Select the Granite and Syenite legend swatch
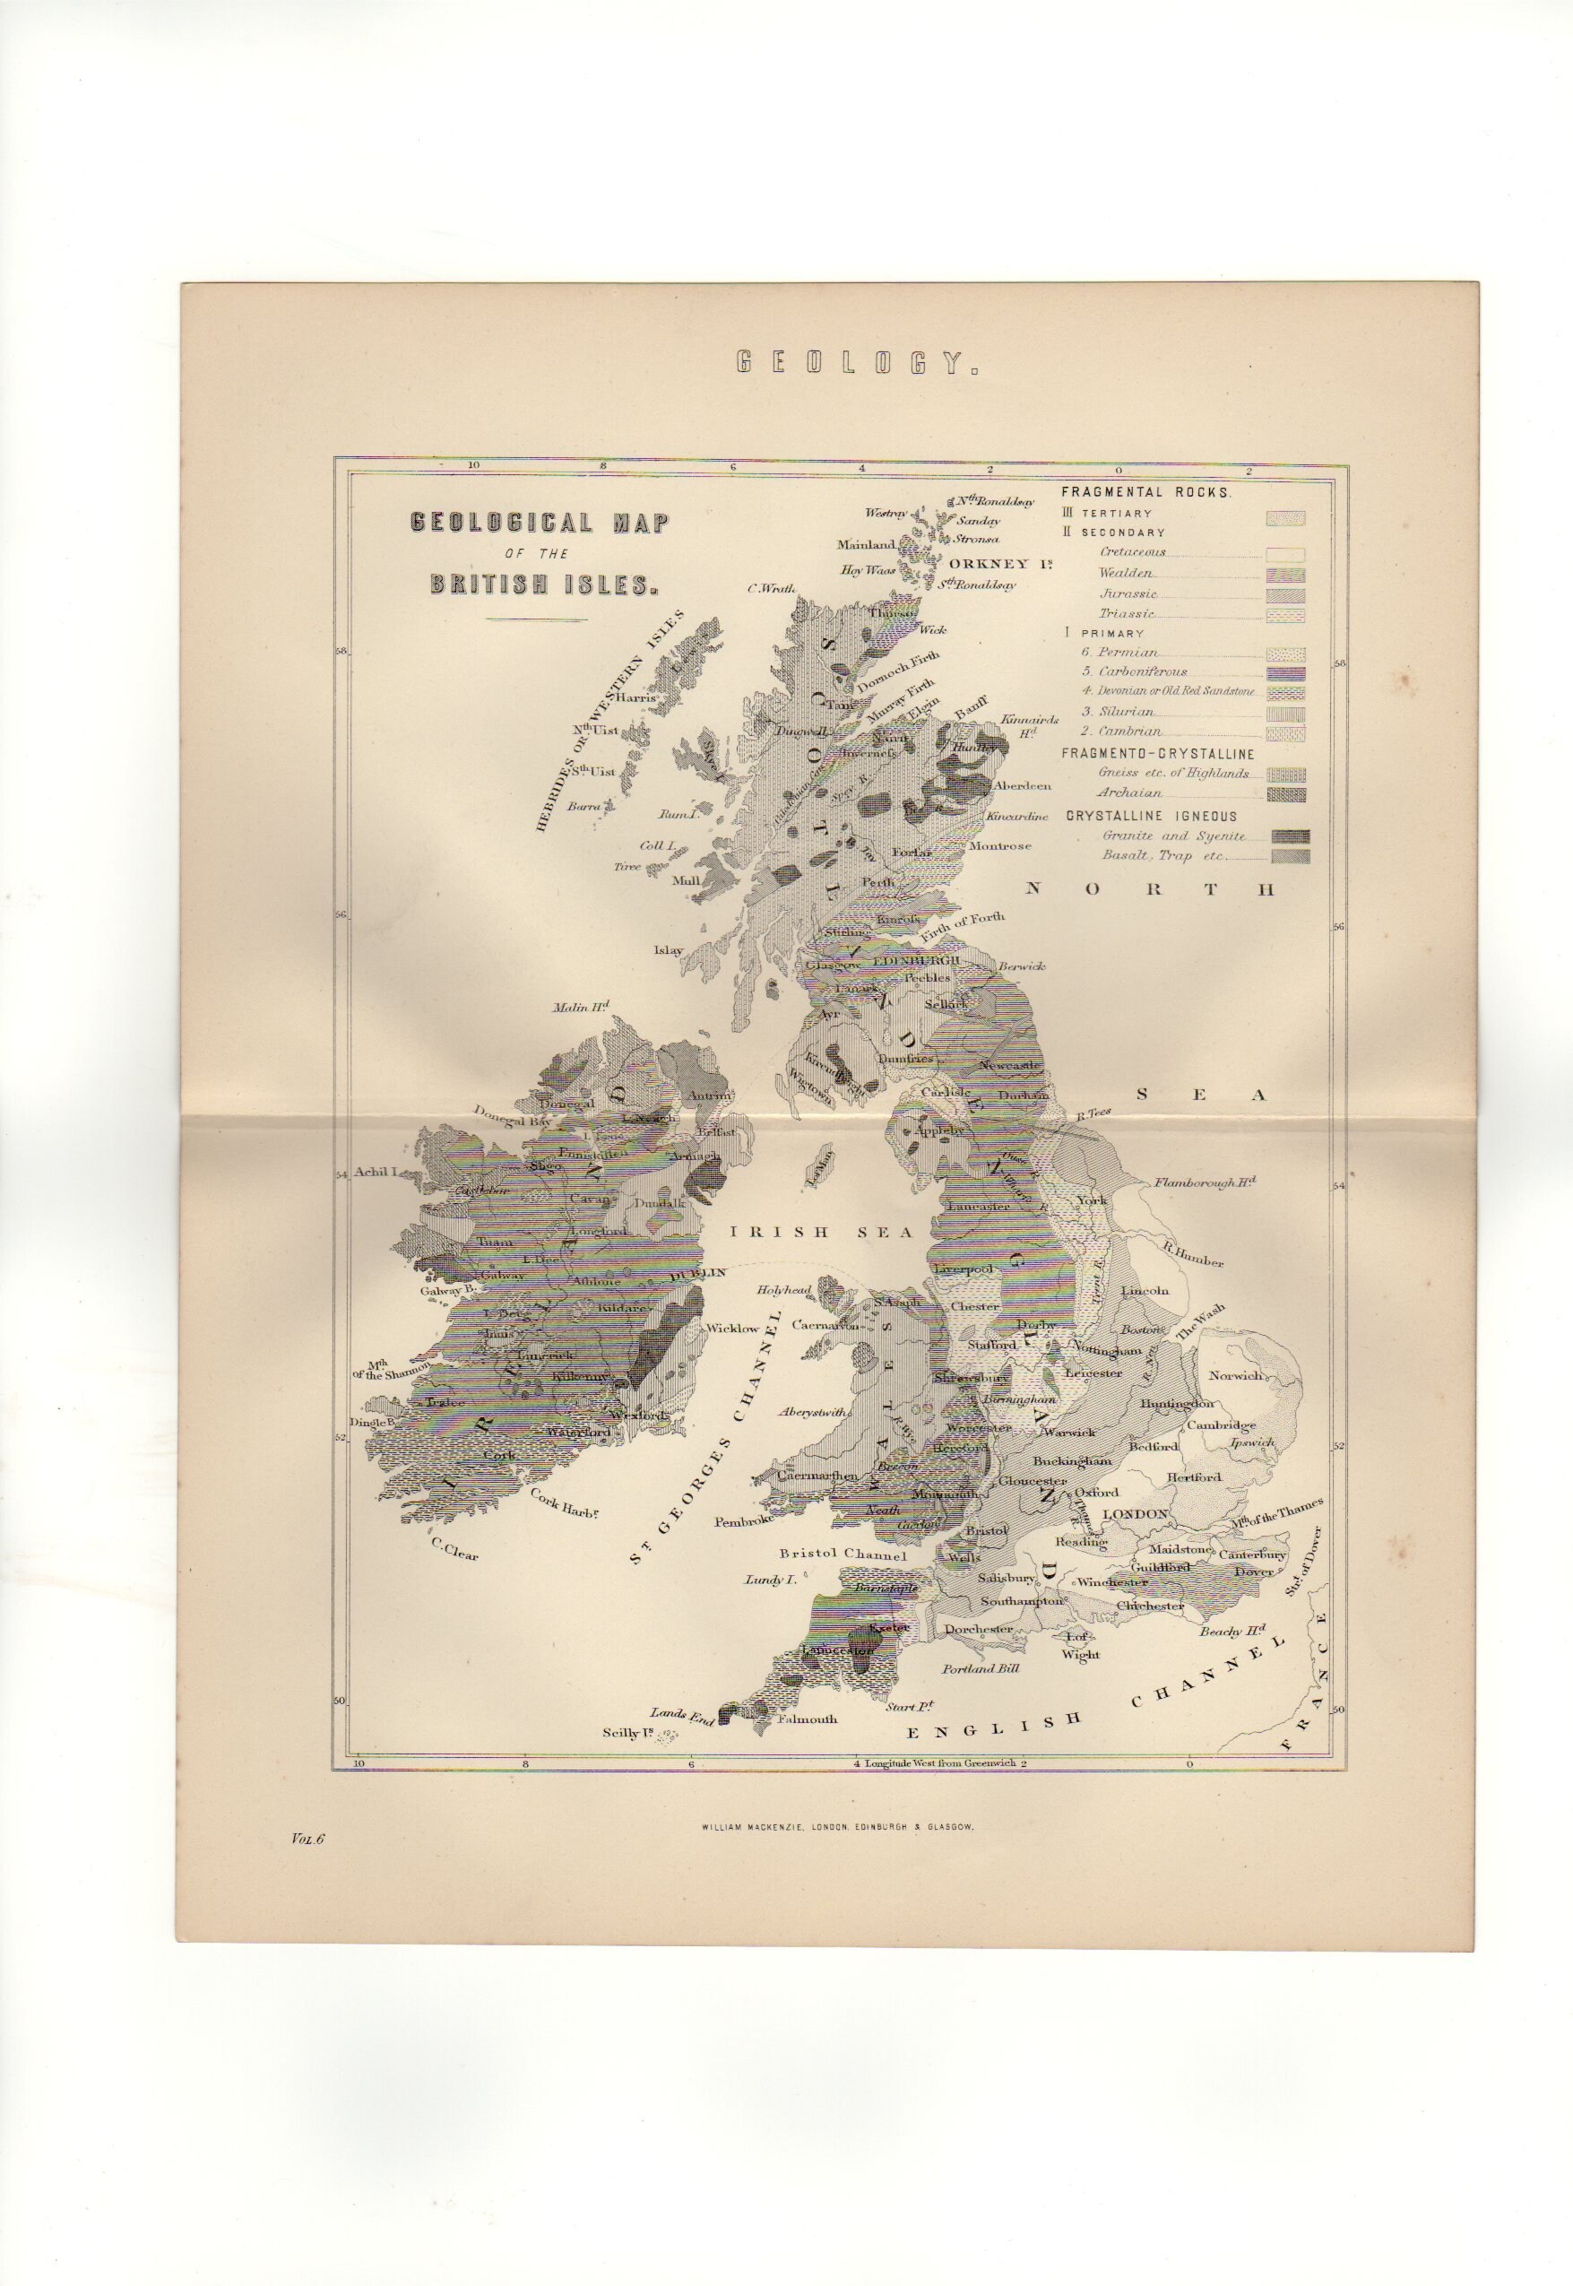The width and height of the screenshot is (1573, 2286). [1290, 836]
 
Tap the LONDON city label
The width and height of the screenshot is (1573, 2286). [1135, 1513]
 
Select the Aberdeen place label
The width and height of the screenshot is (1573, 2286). [1024, 785]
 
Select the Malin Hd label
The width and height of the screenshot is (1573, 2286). [582, 1007]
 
